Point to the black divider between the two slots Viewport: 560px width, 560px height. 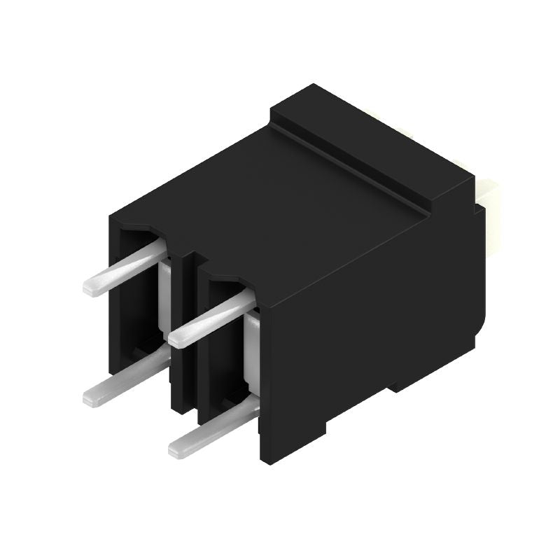point(183,336)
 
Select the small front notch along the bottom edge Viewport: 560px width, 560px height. point(328,427)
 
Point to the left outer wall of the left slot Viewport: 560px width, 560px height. point(115,301)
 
